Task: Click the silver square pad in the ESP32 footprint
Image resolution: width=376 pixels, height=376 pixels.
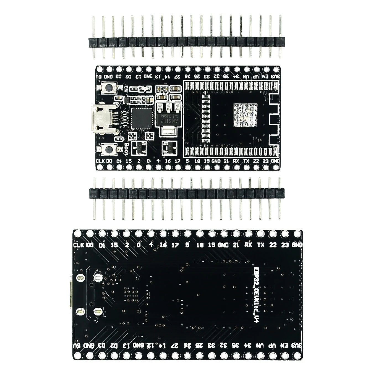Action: pos(245,115)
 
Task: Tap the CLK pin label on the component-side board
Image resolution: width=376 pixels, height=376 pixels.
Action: pos(100,161)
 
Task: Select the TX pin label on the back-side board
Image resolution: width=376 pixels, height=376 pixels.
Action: pos(261,245)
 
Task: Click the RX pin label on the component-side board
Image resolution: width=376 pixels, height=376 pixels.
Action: pos(236,161)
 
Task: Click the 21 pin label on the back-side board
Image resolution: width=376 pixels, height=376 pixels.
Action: pos(236,245)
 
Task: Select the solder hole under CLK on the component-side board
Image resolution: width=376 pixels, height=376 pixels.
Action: pos(100,167)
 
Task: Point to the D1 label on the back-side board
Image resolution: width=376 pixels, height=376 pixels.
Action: pos(102,245)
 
